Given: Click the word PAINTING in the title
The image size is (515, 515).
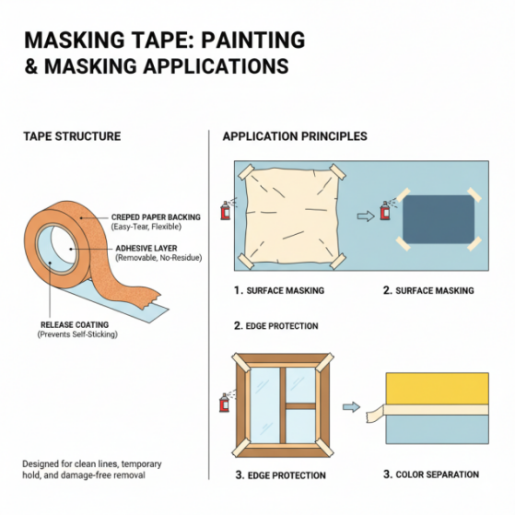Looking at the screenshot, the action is pos(253,40).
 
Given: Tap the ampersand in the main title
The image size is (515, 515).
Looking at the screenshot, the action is pos(31,66).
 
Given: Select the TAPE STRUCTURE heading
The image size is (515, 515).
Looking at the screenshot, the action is pos(72,136).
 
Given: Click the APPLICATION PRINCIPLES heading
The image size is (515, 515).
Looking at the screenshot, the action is pos(295,136).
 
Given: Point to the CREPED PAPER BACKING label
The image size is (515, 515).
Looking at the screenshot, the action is pos(156,217).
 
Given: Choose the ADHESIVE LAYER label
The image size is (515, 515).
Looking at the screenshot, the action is pos(146,248).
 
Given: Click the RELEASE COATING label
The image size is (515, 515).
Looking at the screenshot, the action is pos(75,324).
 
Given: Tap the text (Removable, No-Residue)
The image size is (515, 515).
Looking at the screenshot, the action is pos(158,258).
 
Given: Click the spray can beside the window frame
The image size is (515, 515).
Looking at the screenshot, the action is pos(224,403).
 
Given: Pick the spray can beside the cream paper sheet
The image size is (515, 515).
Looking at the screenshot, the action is pos(226,210).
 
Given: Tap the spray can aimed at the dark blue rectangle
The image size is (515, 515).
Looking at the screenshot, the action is pos(384,211).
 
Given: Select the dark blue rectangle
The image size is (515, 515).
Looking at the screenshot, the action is pos(439,219).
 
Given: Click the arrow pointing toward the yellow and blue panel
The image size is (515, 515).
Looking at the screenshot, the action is pos(351,407).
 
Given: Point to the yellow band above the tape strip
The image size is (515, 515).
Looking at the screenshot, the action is pos(438,389).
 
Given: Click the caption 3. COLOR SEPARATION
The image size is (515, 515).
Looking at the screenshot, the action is pos(431,474).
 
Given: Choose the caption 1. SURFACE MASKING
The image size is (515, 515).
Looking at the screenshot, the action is pos(279,290).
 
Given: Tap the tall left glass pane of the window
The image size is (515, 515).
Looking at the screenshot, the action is pos(264,405).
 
